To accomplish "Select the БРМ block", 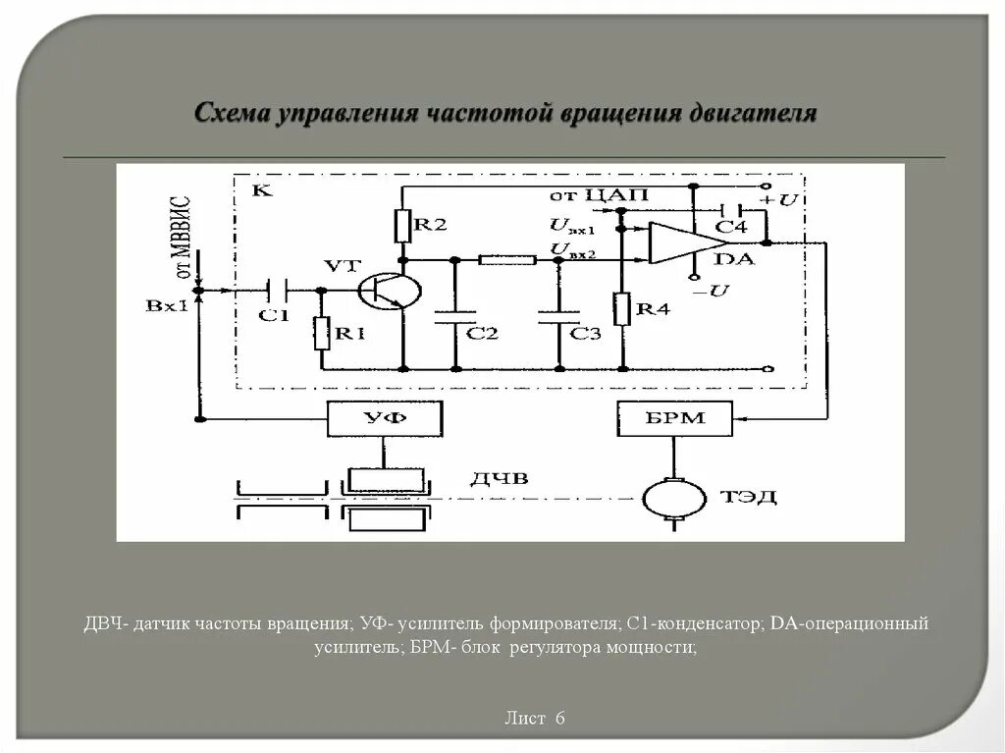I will (x=674, y=419).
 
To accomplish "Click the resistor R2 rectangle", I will (x=401, y=225).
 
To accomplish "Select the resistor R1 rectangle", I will (x=322, y=333).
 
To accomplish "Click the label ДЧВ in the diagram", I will (x=499, y=478).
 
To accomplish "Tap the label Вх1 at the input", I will (x=166, y=305).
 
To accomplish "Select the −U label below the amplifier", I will (x=710, y=291).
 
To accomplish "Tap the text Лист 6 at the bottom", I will (x=535, y=718).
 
